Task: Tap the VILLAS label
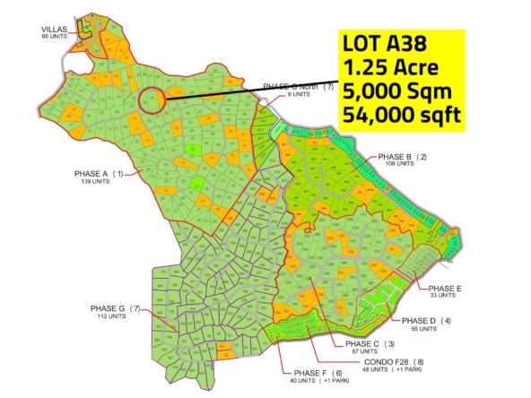point(54,30)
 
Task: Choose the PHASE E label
point(444,288)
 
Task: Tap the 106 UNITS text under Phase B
point(397,164)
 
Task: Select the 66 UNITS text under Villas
point(54,37)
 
